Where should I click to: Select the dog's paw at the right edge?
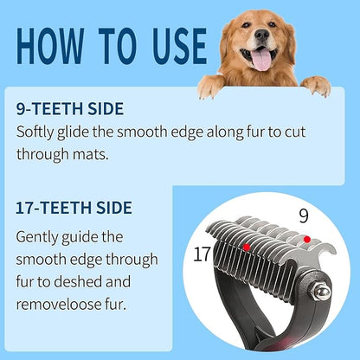click(x=316, y=85)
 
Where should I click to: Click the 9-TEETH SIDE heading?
click(x=70, y=109)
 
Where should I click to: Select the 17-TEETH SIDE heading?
click(x=74, y=208)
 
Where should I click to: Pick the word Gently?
click(x=42, y=236)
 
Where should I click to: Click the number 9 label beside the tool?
click(x=304, y=215)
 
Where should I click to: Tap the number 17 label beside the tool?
click(x=202, y=255)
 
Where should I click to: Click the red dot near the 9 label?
click(x=306, y=239)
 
